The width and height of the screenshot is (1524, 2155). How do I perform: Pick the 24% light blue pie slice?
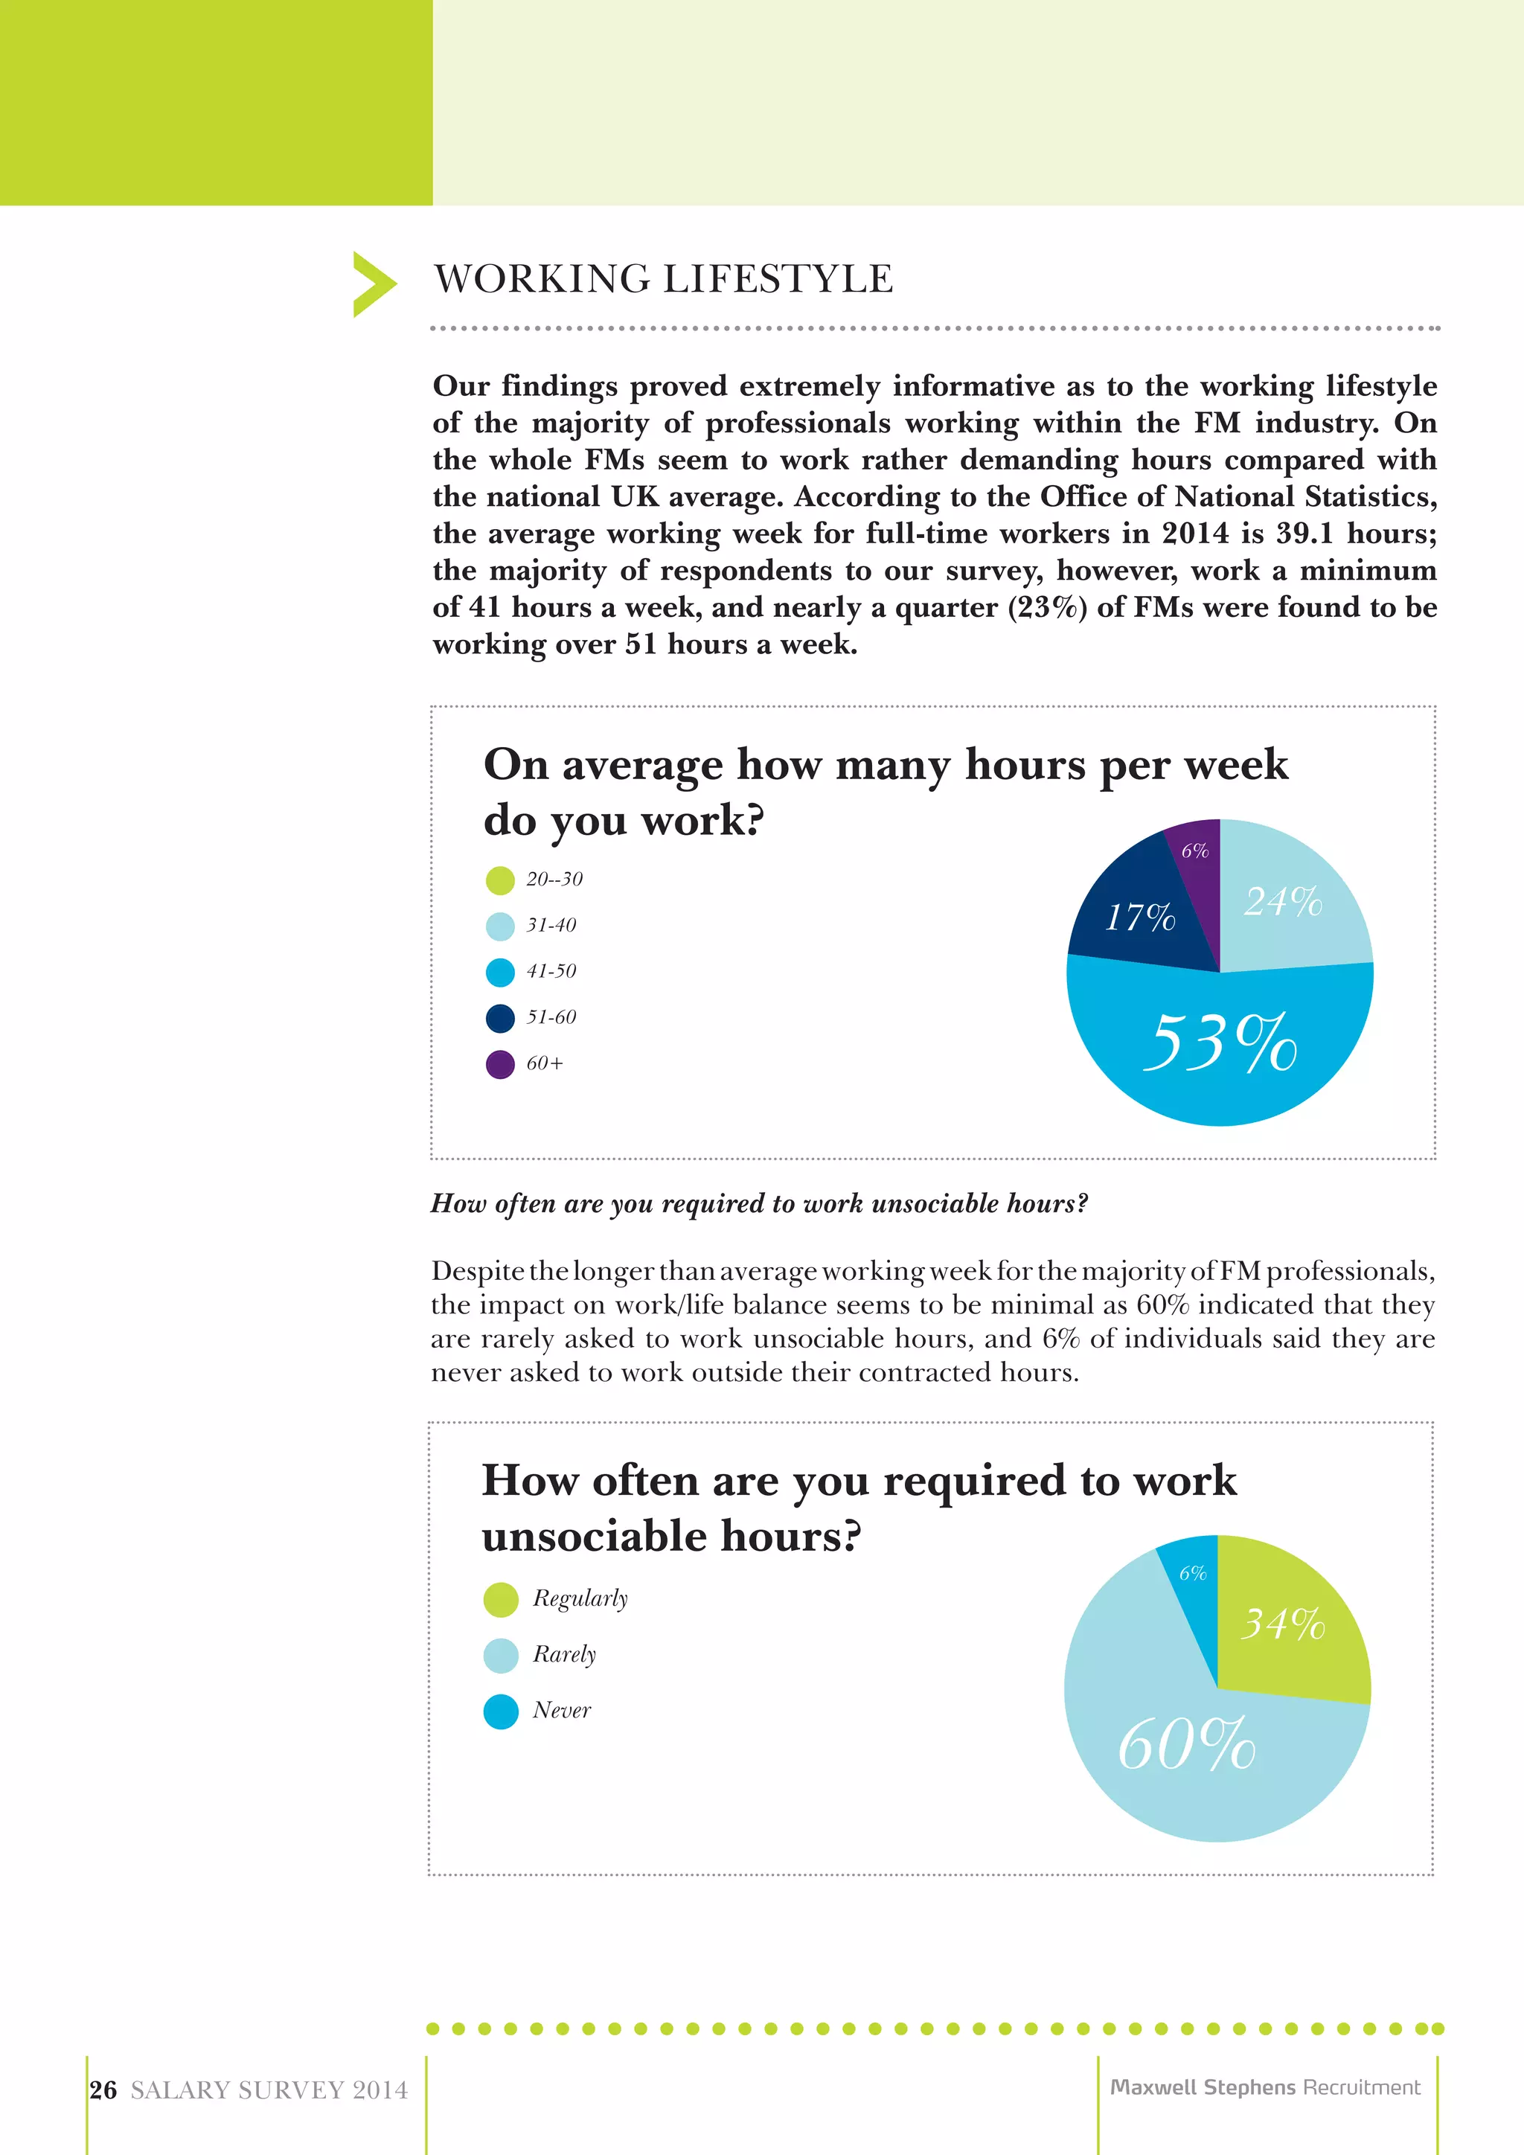[1286, 901]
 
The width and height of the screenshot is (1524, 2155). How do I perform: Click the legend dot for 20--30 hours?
[500, 880]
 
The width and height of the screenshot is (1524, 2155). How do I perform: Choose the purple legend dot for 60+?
[500, 1064]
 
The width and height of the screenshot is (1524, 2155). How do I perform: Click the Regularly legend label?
[580, 1598]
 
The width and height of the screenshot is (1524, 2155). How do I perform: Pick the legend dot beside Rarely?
[501, 1656]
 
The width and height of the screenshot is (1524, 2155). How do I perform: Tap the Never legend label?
[562, 1710]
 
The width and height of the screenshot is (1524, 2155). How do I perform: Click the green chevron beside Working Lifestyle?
[374, 284]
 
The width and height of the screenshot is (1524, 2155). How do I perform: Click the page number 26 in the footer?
[103, 2090]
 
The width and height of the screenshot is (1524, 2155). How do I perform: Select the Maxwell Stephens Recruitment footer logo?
[1265, 2087]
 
